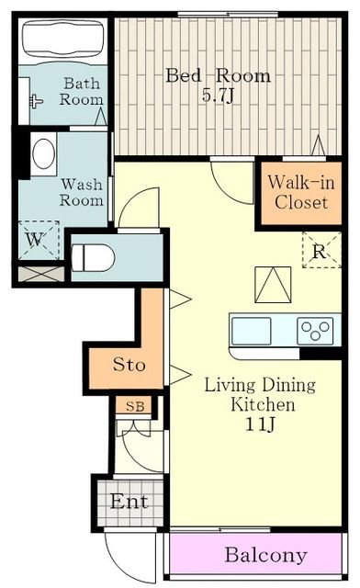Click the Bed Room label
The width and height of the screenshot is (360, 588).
[218, 75]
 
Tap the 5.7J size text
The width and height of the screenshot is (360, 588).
[218, 95]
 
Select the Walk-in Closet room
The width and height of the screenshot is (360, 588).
[297, 192]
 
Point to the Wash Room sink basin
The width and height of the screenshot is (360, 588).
[43, 155]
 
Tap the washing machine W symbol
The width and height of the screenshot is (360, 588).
[35, 240]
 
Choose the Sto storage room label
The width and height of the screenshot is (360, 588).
[129, 365]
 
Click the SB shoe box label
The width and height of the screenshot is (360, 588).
[133, 405]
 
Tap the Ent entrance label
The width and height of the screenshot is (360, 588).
[129, 503]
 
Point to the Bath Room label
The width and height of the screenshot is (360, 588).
[81, 92]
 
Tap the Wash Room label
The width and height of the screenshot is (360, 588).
[81, 191]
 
